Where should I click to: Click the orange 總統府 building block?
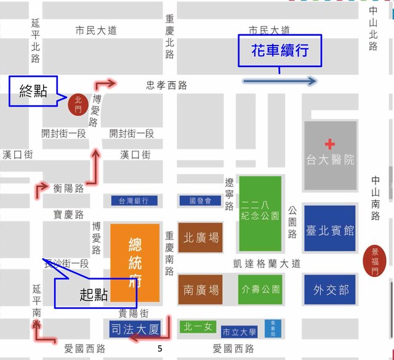coord(134,263)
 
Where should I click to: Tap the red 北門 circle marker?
coord(78,103)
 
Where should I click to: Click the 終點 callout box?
coord(33,91)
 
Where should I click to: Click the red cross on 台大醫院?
coord(331,143)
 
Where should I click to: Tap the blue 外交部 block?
coord(330,289)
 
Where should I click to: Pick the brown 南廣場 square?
coord(201,289)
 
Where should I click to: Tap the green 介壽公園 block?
coord(260,289)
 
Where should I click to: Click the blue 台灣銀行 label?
coord(134,201)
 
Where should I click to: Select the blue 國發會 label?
coord(200,201)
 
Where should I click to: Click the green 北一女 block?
coord(198,327)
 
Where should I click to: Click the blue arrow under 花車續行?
coord(279,81)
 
